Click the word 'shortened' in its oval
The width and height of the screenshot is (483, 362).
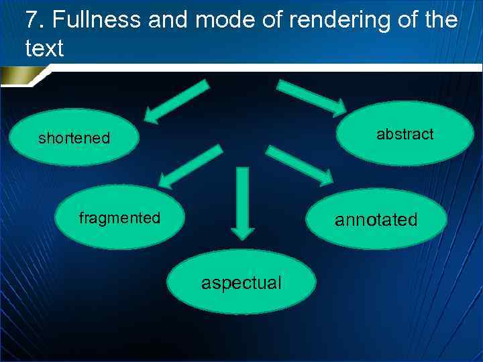pos(74,139)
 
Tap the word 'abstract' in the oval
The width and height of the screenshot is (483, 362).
pos(405,134)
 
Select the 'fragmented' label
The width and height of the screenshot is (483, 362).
pos(119,218)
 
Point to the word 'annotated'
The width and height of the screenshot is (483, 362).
pos(376,220)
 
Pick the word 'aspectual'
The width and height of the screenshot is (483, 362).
pos(241,283)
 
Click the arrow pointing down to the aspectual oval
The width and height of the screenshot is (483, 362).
pos(243,201)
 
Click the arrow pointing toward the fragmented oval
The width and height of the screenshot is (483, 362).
pos(191,166)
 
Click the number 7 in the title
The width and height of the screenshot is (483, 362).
pos(32,20)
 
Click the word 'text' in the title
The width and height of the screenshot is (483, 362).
pos(44,48)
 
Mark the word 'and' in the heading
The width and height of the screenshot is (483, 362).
pos(170,20)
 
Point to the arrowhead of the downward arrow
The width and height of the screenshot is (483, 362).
pos(243,231)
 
